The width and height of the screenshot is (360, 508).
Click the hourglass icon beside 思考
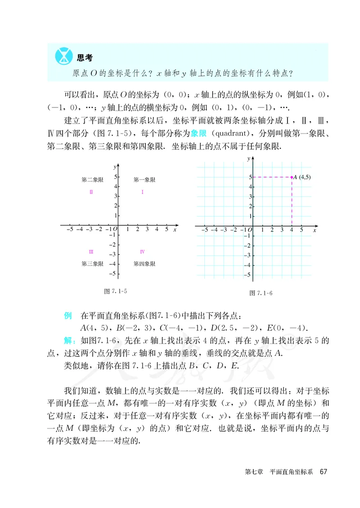point(63,56)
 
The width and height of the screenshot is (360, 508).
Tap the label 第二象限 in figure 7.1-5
point(92,180)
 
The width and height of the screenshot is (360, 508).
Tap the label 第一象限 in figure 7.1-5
point(144,180)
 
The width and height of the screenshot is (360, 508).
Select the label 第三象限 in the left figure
point(92,264)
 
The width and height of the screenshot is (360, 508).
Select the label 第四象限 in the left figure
point(144,264)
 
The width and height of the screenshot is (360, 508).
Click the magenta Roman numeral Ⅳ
point(142,252)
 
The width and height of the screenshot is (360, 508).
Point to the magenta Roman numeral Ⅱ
point(91,192)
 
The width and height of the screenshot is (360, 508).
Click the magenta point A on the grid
point(292,177)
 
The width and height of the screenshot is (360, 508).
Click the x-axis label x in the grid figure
point(315,230)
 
